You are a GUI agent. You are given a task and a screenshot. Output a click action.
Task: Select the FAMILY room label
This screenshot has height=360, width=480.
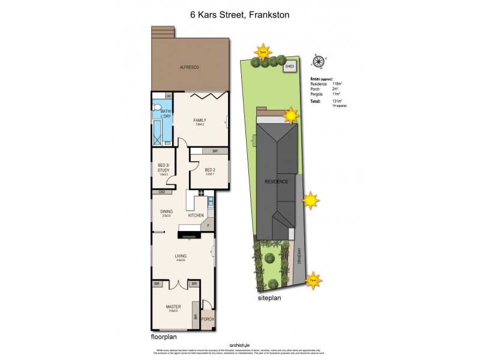coord(199,121)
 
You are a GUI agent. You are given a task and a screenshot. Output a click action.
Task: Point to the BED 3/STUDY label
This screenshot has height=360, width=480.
coord(164,168)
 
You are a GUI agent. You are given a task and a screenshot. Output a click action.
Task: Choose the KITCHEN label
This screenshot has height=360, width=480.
coord(196,215)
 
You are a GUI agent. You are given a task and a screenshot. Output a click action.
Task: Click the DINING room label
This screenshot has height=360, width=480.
coord(166,211)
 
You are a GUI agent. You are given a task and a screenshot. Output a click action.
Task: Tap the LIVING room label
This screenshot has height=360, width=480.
coord(181,256)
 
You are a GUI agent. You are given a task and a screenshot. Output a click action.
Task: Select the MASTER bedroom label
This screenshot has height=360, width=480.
coord(173,307)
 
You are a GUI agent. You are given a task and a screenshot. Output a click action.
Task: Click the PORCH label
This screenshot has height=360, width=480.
coord(207,319)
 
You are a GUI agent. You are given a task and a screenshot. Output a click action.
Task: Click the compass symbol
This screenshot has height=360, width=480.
coord(318,60)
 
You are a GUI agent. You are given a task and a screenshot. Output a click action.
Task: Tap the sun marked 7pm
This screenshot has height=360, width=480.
coord(263,52)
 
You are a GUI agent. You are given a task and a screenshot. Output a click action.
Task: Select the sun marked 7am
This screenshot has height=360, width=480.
coord(312,279)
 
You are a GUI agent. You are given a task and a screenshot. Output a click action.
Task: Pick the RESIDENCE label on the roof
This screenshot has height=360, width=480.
coord(277,181)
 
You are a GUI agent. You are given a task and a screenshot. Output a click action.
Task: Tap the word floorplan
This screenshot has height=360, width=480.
coord(164,337)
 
